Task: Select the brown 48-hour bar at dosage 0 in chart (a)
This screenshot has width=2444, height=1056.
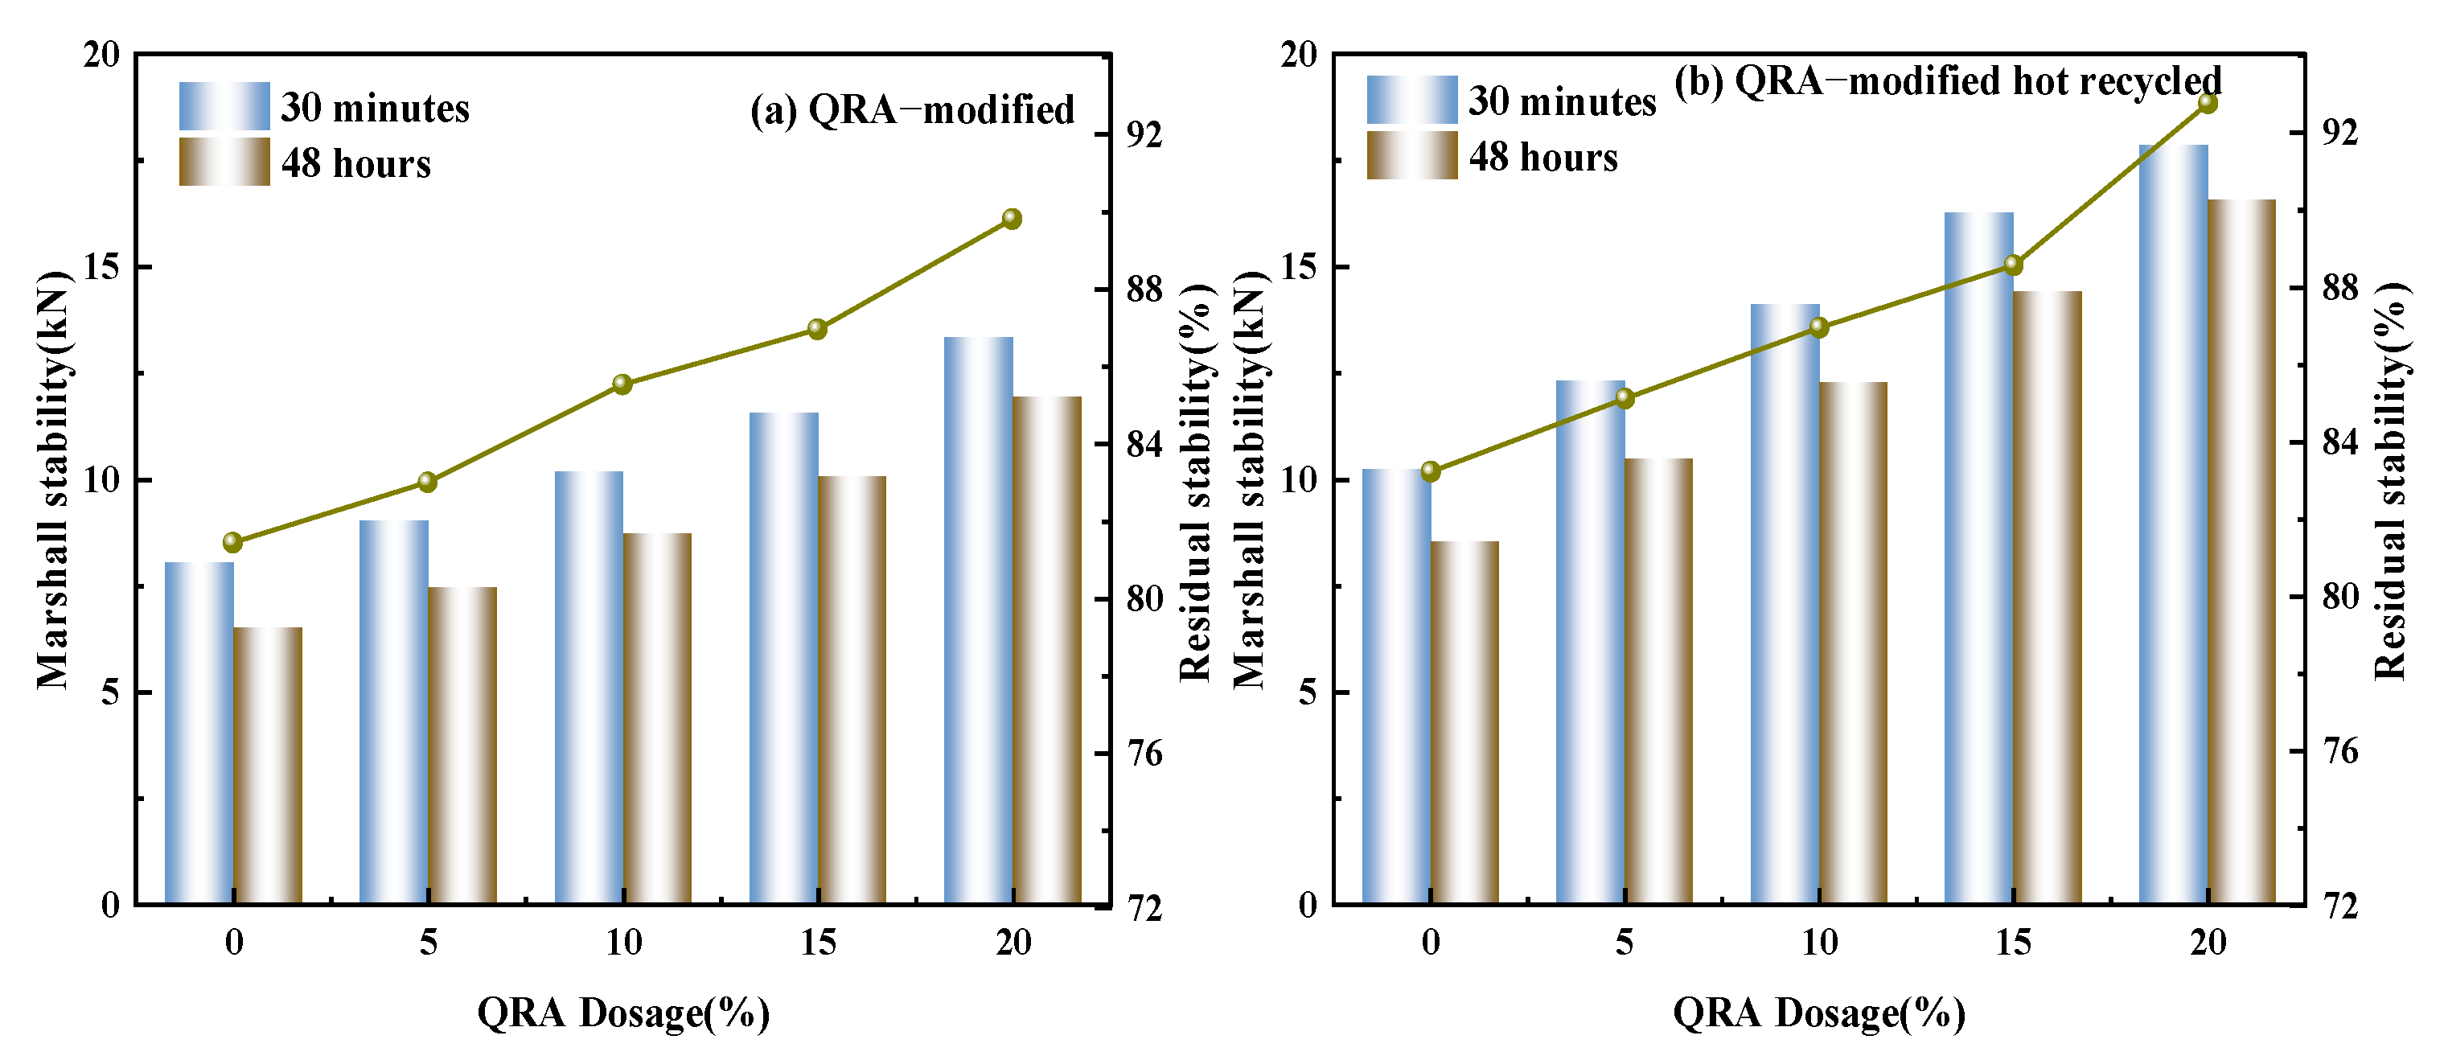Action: tap(269, 766)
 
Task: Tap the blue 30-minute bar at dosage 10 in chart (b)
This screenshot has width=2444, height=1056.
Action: tap(1785, 604)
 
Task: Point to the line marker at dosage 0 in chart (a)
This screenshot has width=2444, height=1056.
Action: tap(233, 543)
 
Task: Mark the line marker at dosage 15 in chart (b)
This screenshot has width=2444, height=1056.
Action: tap(2013, 265)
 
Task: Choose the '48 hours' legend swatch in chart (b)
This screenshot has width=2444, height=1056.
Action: tap(1411, 155)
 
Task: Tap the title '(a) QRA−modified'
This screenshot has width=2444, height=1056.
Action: tap(913, 110)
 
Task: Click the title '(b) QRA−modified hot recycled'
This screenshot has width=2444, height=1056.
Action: tap(1948, 81)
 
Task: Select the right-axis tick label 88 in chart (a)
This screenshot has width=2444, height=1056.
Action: tap(1144, 290)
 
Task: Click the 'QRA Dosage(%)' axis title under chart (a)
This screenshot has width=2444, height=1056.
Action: tap(623, 1013)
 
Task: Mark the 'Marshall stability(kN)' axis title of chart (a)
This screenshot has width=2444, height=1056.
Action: tap(54, 480)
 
